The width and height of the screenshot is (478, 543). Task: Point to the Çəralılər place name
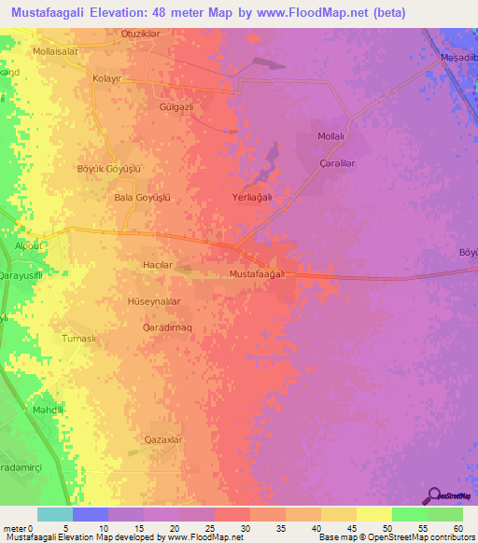pos(337,162)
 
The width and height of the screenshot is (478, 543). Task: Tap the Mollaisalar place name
pos(55,52)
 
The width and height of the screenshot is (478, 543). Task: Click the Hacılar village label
pos(157,266)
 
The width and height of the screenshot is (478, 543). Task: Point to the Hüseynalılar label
pos(153,302)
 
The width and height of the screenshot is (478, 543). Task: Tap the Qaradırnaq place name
pos(167,328)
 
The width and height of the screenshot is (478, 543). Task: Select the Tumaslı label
pos(78,339)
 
